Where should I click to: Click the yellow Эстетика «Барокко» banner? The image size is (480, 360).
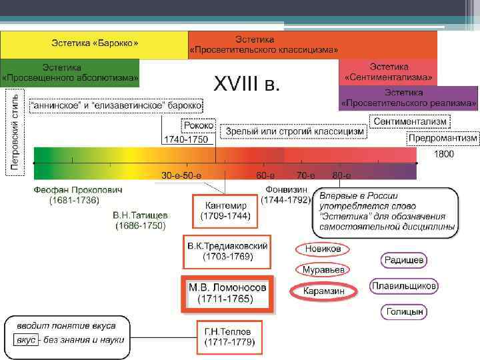coord(94,44)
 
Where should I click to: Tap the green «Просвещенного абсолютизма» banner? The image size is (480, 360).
coord(70,73)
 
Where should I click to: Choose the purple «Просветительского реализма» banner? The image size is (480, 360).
coord(409,98)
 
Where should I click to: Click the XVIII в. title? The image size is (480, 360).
coord(247,85)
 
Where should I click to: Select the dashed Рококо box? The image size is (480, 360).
coord(198,125)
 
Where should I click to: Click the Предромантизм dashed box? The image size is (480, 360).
coord(443,138)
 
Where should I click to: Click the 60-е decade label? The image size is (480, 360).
coord(265,175)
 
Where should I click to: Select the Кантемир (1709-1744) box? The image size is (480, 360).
coord(225,211)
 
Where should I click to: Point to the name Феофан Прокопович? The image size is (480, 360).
coord(78,190)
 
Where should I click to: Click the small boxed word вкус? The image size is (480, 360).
coord(25,340)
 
